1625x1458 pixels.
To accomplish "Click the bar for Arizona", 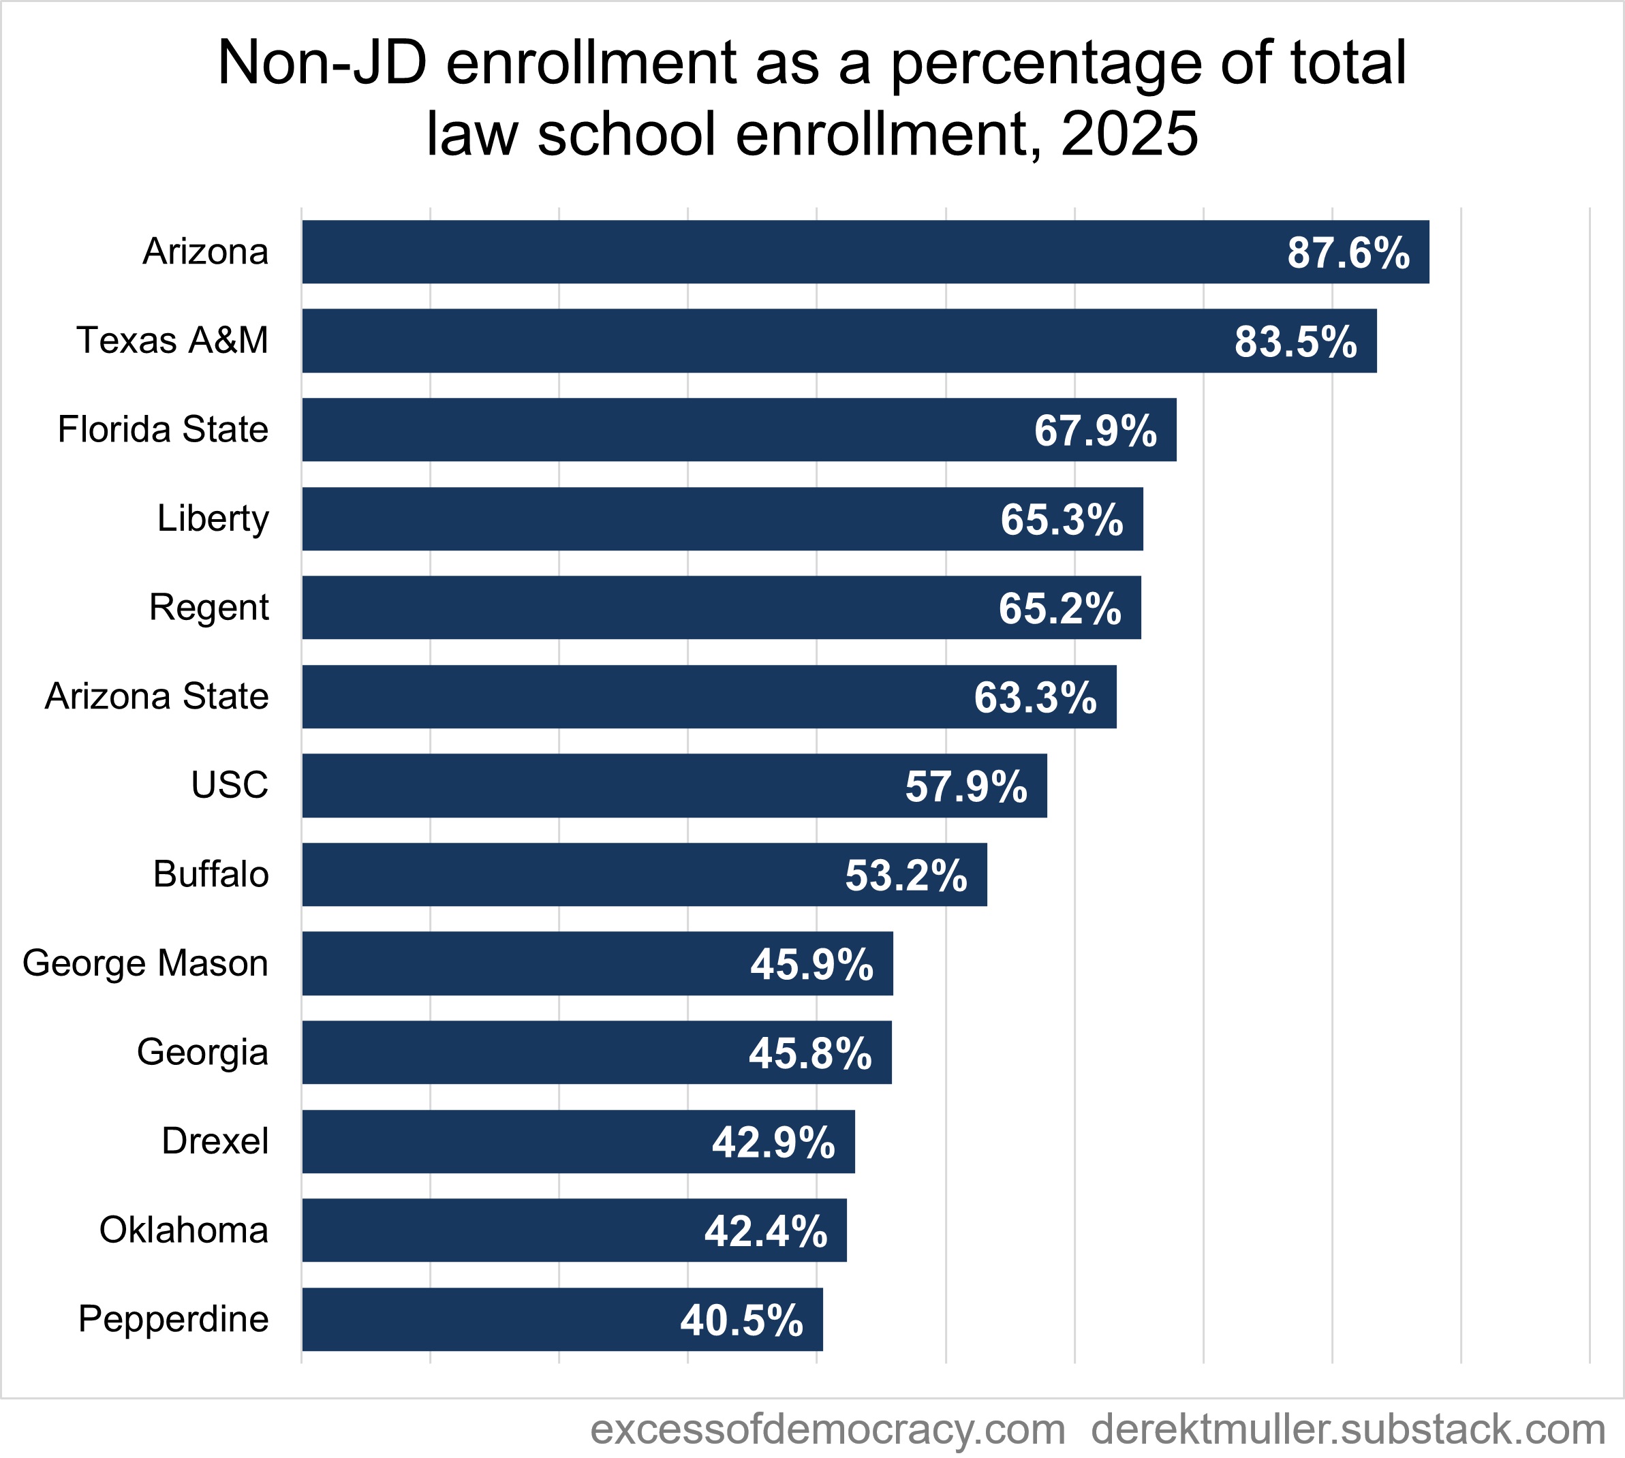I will (865, 251).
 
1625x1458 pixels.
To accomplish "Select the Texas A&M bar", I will (839, 341).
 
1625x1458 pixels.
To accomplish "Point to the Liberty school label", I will (213, 518).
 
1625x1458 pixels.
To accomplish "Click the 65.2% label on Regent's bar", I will (1059, 608).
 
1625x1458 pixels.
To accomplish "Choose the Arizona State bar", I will (709, 696).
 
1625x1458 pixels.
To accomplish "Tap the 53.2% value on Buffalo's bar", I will (906, 875).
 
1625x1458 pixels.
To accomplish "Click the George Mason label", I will (145, 963).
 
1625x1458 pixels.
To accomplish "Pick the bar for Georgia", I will (596, 1052).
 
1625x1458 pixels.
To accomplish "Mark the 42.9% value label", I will (773, 1142).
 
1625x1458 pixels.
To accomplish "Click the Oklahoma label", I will (183, 1230).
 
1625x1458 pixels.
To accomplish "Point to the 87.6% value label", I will (1348, 253).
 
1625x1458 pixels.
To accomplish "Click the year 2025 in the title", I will (1129, 134).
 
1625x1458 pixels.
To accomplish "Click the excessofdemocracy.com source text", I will (828, 1428).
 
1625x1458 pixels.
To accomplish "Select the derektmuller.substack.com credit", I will (1348, 1428).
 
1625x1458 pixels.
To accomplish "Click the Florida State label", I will (163, 429).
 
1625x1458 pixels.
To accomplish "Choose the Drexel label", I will (215, 1141).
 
